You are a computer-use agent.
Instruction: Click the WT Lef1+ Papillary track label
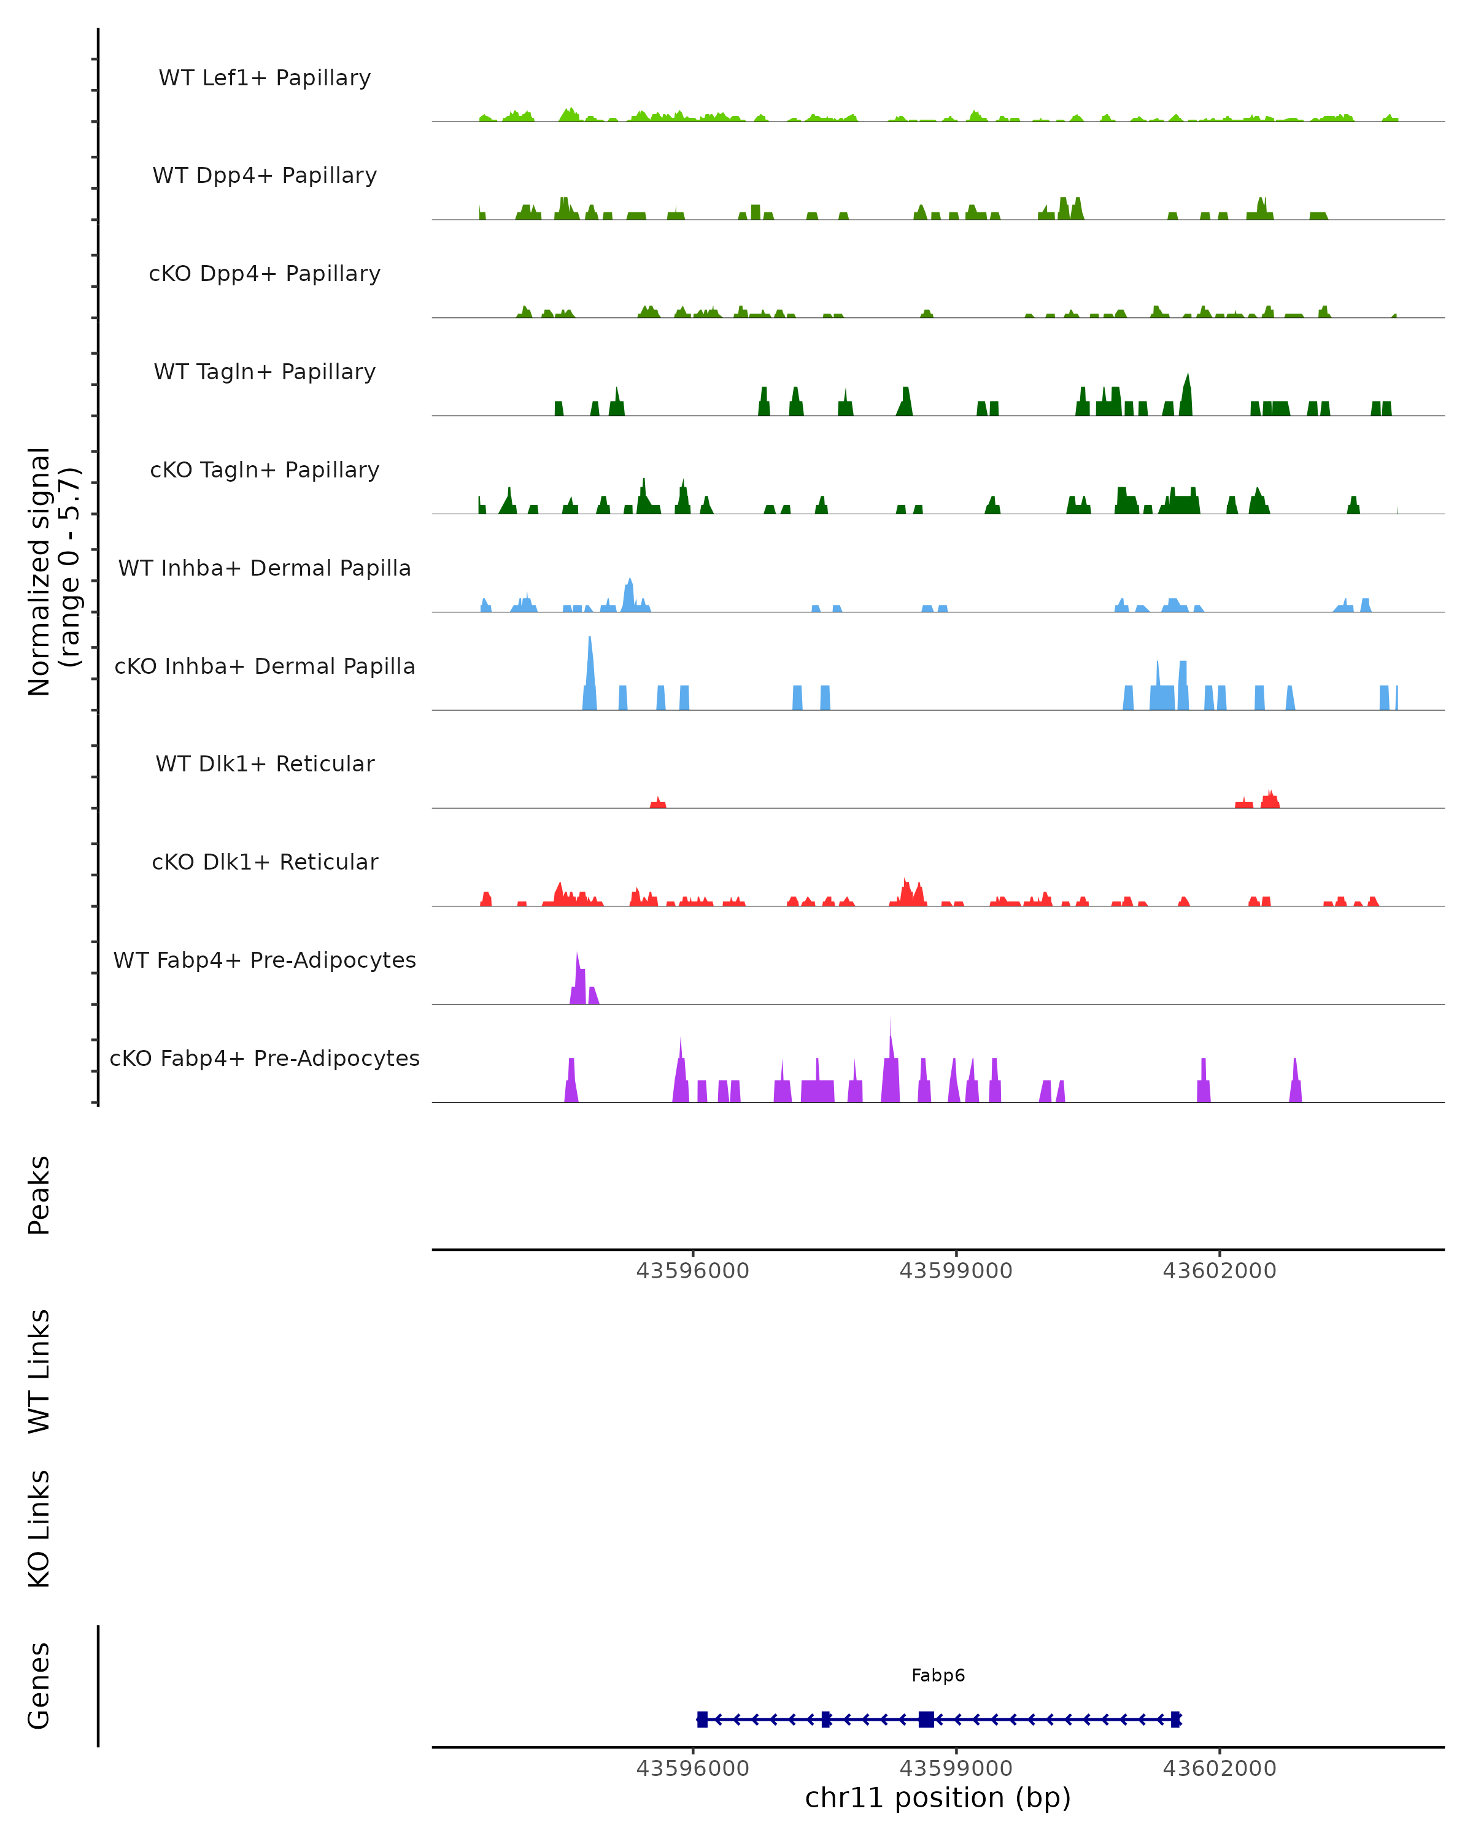pos(265,78)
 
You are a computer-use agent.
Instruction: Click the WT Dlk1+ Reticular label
pos(265,763)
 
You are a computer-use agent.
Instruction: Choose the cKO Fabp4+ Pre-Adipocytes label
pos(265,1058)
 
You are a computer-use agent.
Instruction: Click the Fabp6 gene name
pos(938,1675)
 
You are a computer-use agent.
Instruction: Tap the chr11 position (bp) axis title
pos(938,1797)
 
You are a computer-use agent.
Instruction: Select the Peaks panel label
pos(39,1195)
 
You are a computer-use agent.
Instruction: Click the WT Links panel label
pos(39,1370)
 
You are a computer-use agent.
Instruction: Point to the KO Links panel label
pos(39,1529)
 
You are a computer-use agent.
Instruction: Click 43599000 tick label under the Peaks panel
pos(956,1271)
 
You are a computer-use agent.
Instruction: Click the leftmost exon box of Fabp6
pos(702,1719)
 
